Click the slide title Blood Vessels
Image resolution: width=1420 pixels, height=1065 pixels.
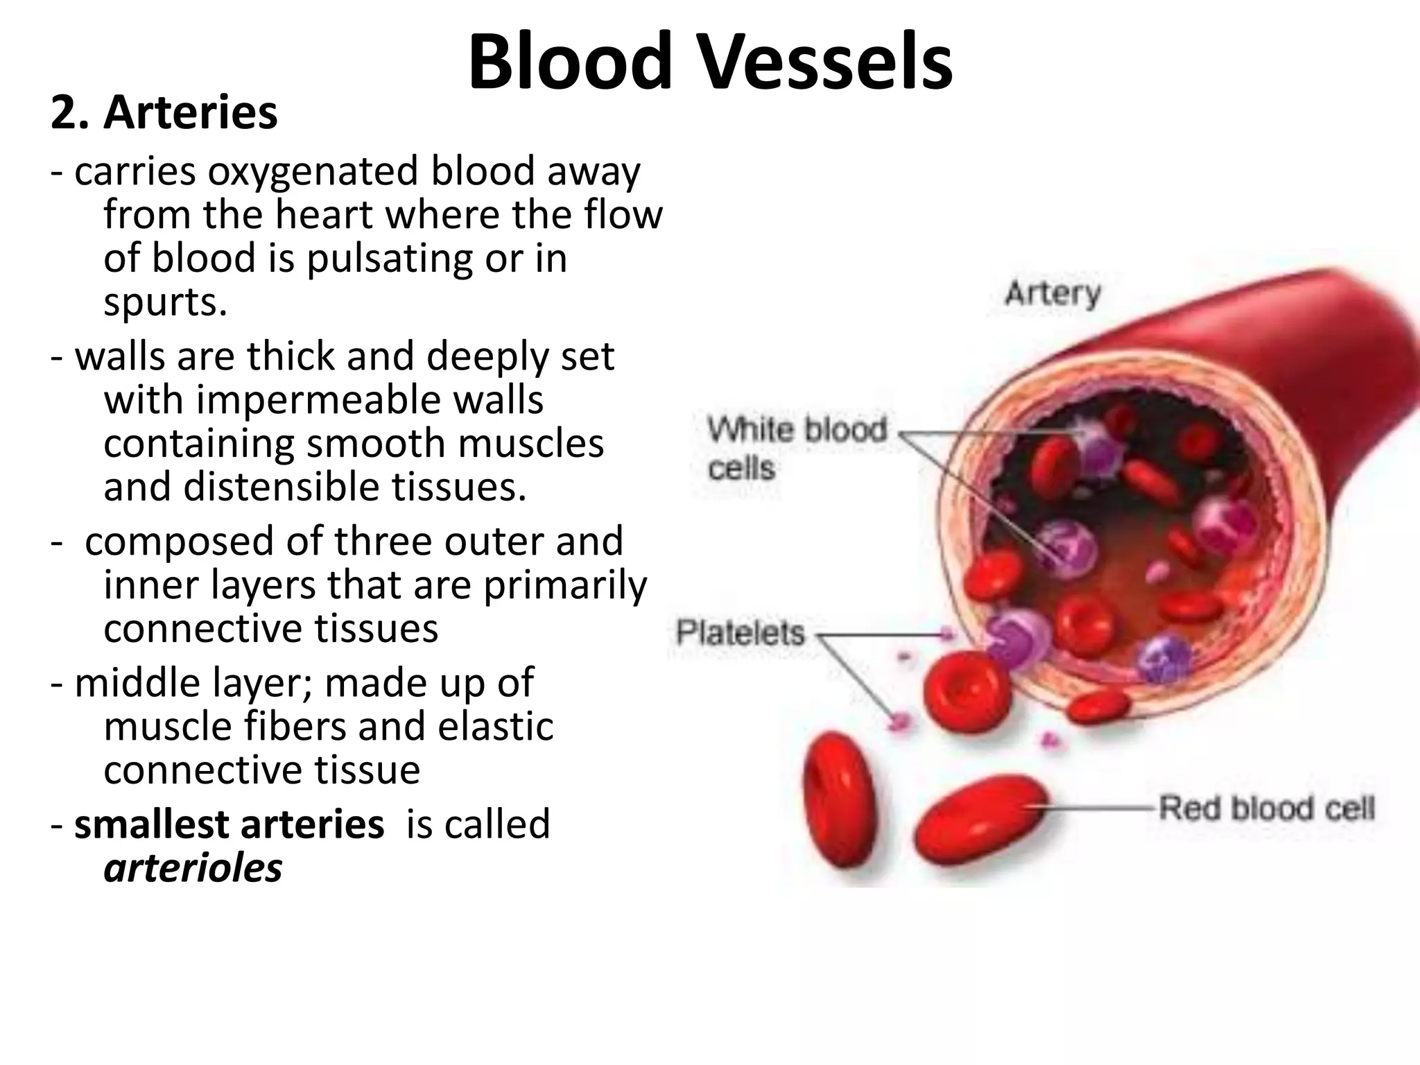click(x=710, y=62)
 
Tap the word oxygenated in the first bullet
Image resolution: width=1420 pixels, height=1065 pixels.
click(x=313, y=172)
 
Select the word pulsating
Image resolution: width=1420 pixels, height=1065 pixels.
click(x=381, y=259)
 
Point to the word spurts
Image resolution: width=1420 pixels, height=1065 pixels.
click(x=165, y=302)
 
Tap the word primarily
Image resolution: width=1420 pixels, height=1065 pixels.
click(x=564, y=585)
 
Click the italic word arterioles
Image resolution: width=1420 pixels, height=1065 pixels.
click(x=193, y=867)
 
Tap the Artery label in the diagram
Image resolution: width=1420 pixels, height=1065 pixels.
click(x=1053, y=293)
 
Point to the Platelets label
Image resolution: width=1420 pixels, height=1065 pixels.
click(x=741, y=633)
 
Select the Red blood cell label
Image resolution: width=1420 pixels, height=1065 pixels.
click(x=1267, y=808)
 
